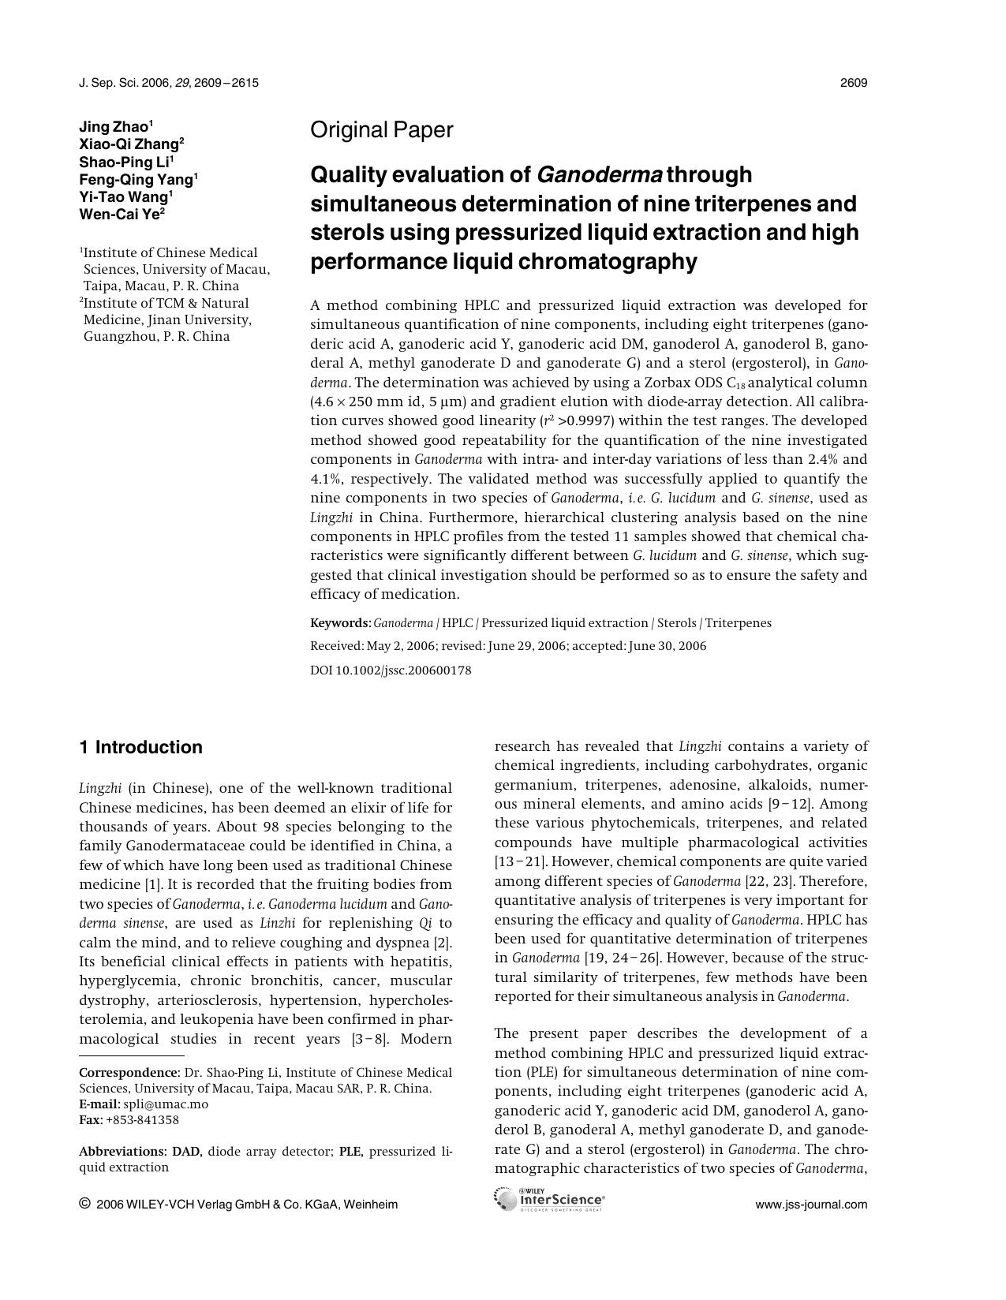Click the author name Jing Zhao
(114, 127)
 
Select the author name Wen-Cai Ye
(118, 214)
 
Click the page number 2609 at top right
(854, 83)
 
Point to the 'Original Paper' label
(382, 130)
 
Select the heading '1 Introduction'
(140, 747)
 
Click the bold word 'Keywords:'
(340, 623)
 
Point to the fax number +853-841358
(142, 1120)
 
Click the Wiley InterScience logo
(549, 1200)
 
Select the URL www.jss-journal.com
(811, 1205)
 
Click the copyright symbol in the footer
(84, 1204)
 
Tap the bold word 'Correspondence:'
(129, 1073)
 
